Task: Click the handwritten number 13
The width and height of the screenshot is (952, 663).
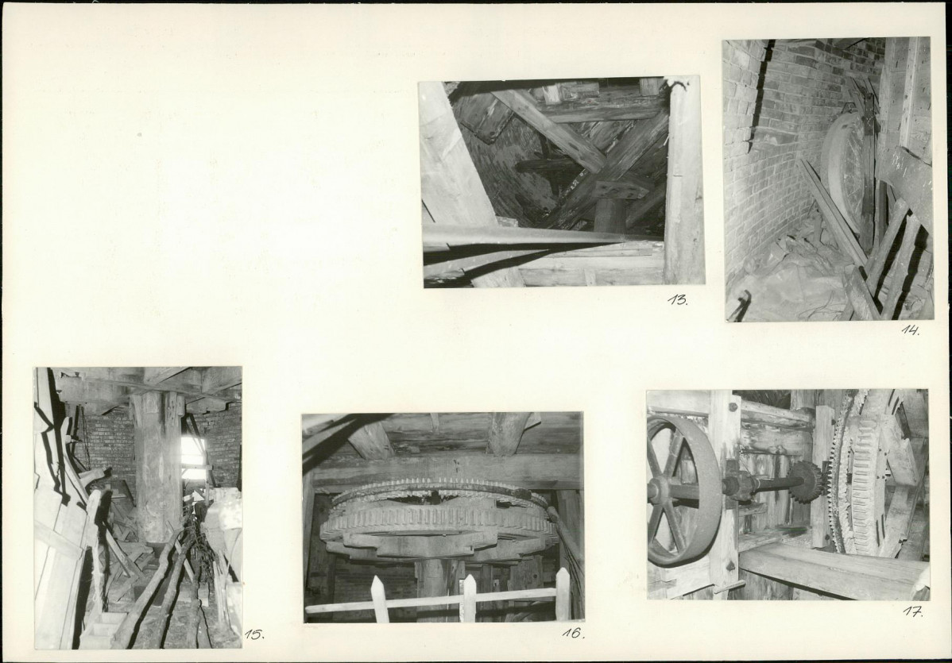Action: click(678, 299)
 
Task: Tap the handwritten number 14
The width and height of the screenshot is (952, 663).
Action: click(910, 330)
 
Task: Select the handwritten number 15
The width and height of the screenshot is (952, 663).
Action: click(254, 634)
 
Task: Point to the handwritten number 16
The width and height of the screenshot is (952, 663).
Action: click(573, 633)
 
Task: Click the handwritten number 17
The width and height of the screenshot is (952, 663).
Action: click(912, 611)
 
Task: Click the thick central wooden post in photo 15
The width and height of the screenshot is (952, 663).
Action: click(157, 467)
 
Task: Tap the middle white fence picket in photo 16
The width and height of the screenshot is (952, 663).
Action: click(469, 598)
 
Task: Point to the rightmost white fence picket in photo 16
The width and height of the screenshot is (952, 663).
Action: click(563, 594)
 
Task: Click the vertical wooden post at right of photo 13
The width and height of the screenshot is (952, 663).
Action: click(683, 182)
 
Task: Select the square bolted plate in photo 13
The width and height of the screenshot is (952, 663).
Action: click(621, 190)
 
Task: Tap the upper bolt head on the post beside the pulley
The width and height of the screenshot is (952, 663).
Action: click(732, 407)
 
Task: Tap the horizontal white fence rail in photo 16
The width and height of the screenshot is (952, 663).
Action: click(430, 602)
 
